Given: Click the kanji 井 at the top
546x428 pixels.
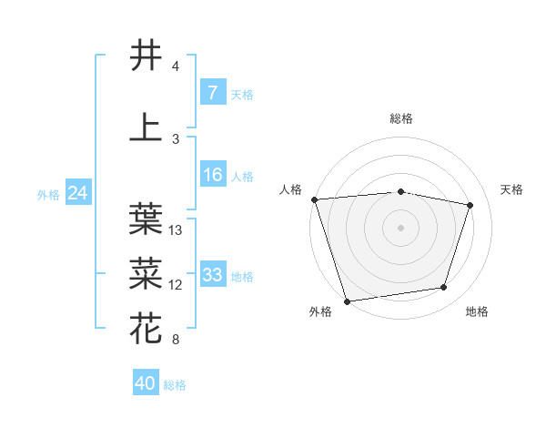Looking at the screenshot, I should point(146,56).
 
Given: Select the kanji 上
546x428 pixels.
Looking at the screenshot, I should point(146,127).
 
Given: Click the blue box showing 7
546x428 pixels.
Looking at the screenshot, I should point(212,93).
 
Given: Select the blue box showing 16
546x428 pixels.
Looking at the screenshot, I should point(212,175).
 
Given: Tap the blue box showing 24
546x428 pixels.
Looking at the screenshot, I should point(77,193).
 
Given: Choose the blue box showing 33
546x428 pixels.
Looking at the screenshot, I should point(212,275).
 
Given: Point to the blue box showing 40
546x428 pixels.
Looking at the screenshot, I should point(146,383).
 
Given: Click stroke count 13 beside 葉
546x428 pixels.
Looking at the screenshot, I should point(177,230).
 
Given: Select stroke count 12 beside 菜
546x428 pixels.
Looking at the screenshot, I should point(177,285).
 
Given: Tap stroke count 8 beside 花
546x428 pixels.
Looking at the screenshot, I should point(175,340).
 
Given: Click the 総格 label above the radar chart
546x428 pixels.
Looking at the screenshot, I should point(401,118).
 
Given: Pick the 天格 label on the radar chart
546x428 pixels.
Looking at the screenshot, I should point(512,189).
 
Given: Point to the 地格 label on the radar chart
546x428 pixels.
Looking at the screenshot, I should point(477,312).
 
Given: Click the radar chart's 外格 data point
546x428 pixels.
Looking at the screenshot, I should point(347,300).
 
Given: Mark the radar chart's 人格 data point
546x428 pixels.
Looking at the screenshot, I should point(314,199).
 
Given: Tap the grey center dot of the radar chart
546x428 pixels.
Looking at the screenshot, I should point(400,227).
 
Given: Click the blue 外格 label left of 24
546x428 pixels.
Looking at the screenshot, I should point(48,194).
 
